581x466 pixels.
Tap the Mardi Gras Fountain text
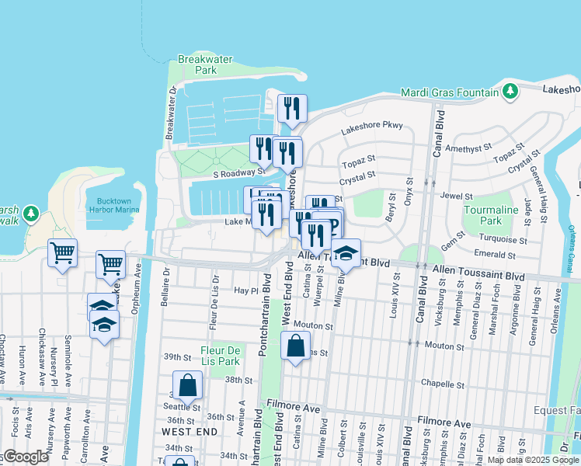point(449,92)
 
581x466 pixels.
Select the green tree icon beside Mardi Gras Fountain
point(510,92)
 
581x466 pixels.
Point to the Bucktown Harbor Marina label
point(113,205)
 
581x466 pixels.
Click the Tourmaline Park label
point(490,215)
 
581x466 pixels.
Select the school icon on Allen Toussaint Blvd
point(346,252)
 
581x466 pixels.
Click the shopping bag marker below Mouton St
point(296,346)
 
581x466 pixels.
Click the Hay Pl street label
point(245,290)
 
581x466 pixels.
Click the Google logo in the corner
point(26,457)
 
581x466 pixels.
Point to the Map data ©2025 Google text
point(533,460)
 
